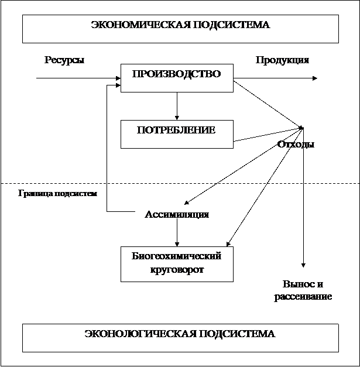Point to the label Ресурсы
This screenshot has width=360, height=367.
click(x=64, y=60)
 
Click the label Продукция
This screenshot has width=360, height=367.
click(x=282, y=60)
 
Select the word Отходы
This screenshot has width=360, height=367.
click(x=296, y=145)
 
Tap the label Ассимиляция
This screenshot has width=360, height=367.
click(x=177, y=214)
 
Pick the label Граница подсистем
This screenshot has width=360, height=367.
click(x=57, y=194)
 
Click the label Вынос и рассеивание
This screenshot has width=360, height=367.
click(x=303, y=290)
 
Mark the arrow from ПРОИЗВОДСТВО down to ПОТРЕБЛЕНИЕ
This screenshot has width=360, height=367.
click(x=177, y=106)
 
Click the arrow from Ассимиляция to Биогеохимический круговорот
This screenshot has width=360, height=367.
click(x=177, y=232)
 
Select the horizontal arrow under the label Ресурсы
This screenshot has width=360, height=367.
click(x=78, y=78)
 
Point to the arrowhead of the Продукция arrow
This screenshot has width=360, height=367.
click(x=315, y=78)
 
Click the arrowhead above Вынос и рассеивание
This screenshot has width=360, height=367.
click(x=303, y=265)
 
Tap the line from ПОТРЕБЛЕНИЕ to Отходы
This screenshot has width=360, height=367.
click(x=269, y=135)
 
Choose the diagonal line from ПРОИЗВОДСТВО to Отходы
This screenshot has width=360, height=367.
click(x=269, y=104)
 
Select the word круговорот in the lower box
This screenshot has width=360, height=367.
click(x=177, y=270)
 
